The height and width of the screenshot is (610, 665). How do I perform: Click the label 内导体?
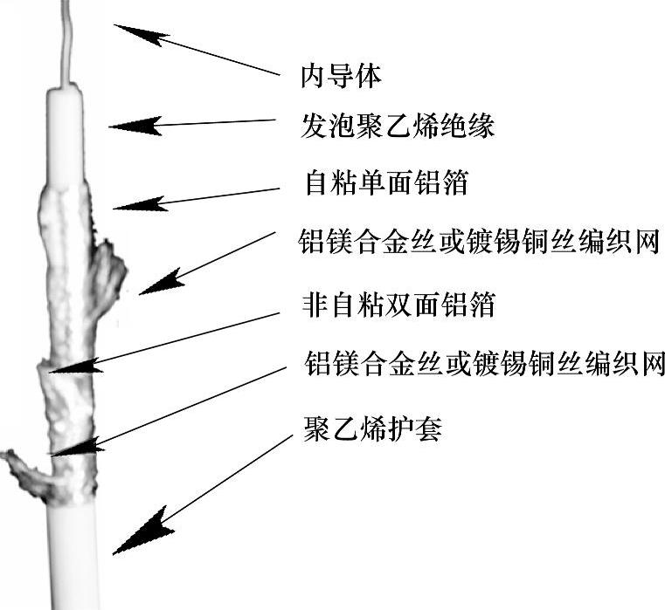(x=341, y=77)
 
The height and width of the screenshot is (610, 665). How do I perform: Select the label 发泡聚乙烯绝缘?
(x=398, y=126)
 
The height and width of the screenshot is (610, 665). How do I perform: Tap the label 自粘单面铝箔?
(x=386, y=182)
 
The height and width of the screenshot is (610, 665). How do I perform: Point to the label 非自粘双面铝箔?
(x=398, y=305)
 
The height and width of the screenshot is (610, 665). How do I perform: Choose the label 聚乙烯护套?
(x=372, y=428)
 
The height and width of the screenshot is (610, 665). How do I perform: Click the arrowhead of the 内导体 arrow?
(x=140, y=34)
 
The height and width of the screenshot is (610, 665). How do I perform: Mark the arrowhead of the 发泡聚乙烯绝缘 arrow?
(x=135, y=126)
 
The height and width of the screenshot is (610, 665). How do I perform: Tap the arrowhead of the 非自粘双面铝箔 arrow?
(x=76, y=367)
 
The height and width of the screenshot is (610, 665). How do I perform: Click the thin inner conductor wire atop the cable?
(x=66, y=43)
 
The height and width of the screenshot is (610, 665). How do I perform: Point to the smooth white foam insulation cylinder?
(x=65, y=135)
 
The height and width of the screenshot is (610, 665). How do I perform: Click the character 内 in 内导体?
(x=313, y=77)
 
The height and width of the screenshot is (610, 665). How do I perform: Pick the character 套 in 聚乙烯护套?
(x=429, y=428)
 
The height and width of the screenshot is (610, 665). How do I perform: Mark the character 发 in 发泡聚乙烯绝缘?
(x=314, y=126)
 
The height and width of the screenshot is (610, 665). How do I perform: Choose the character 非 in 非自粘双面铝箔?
(x=315, y=305)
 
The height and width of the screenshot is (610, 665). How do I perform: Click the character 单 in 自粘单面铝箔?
(x=372, y=182)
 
